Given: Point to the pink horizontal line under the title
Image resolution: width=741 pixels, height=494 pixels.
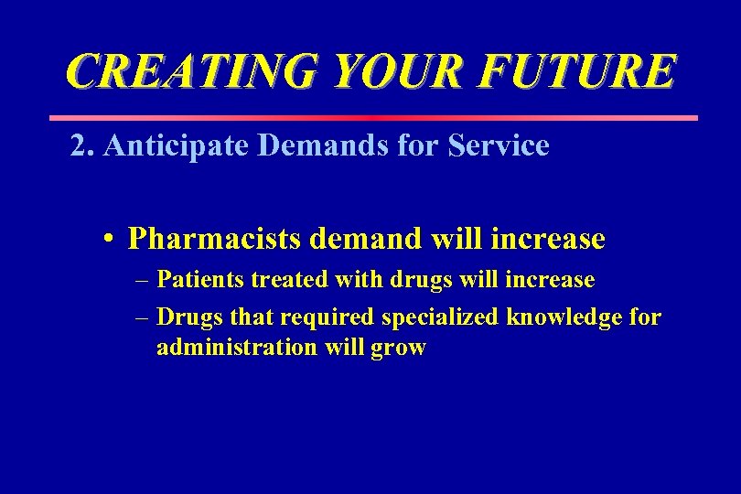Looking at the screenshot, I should (x=372, y=118).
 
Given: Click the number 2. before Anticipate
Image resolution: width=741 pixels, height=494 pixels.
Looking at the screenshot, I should (x=82, y=145).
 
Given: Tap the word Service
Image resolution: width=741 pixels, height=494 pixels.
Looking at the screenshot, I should (x=499, y=145).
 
